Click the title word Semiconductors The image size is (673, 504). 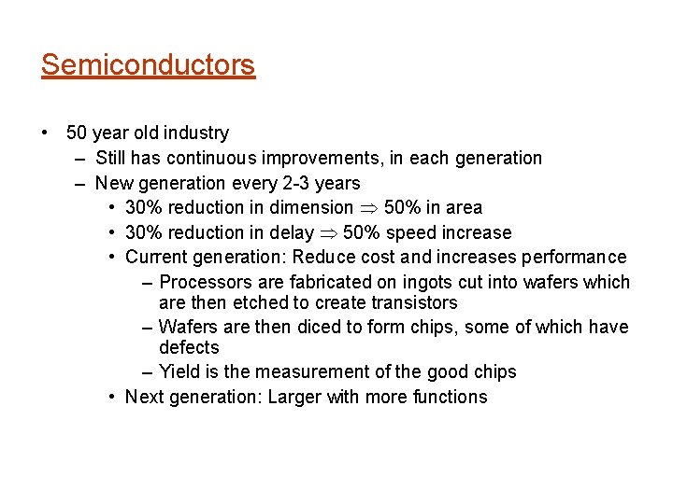(148, 65)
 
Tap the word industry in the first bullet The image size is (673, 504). (194, 133)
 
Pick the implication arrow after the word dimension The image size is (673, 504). (368, 208)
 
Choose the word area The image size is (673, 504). (463, 207)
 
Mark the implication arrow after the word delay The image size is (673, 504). (328, 233)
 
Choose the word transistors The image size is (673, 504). (411, 302)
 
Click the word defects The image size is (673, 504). (189, 347)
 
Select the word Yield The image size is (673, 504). (180, 371)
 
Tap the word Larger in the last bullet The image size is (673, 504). (294, 397)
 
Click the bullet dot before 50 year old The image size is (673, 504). (46, 133)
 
